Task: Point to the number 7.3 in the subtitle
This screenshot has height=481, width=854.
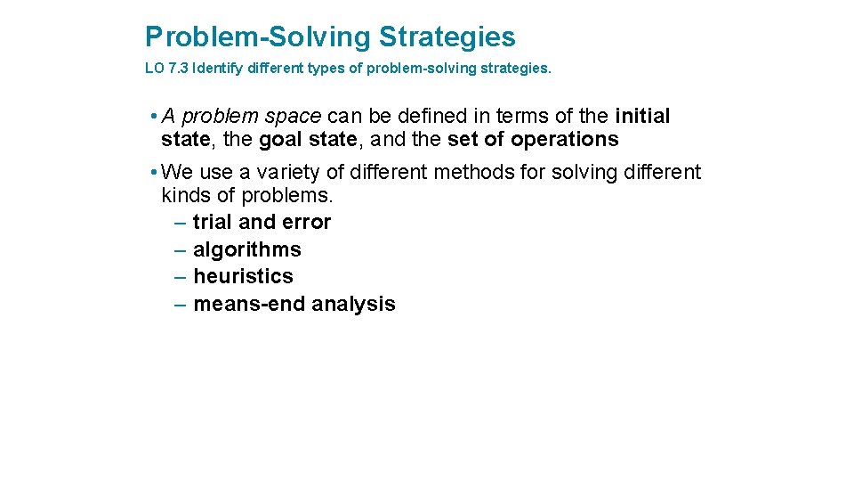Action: [x=178, y=68]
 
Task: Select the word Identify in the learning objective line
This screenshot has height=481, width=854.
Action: [x=216, y=68]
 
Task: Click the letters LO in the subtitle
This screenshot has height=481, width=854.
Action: [x=154, y=68]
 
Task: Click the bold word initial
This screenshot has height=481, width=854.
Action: [x=642, y=117]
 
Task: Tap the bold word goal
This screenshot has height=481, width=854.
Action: [x=281, y=140]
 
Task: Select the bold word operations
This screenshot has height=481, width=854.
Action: [x=564, y=140]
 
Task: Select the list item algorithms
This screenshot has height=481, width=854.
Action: [x=246, y=249]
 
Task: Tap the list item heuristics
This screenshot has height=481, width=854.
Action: [x=242, y=276]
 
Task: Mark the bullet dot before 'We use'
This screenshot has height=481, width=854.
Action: [x=154, y=172]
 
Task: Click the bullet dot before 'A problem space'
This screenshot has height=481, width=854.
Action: [x=154, y=117]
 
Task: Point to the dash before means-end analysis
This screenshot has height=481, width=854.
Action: [x=181, y=304]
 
